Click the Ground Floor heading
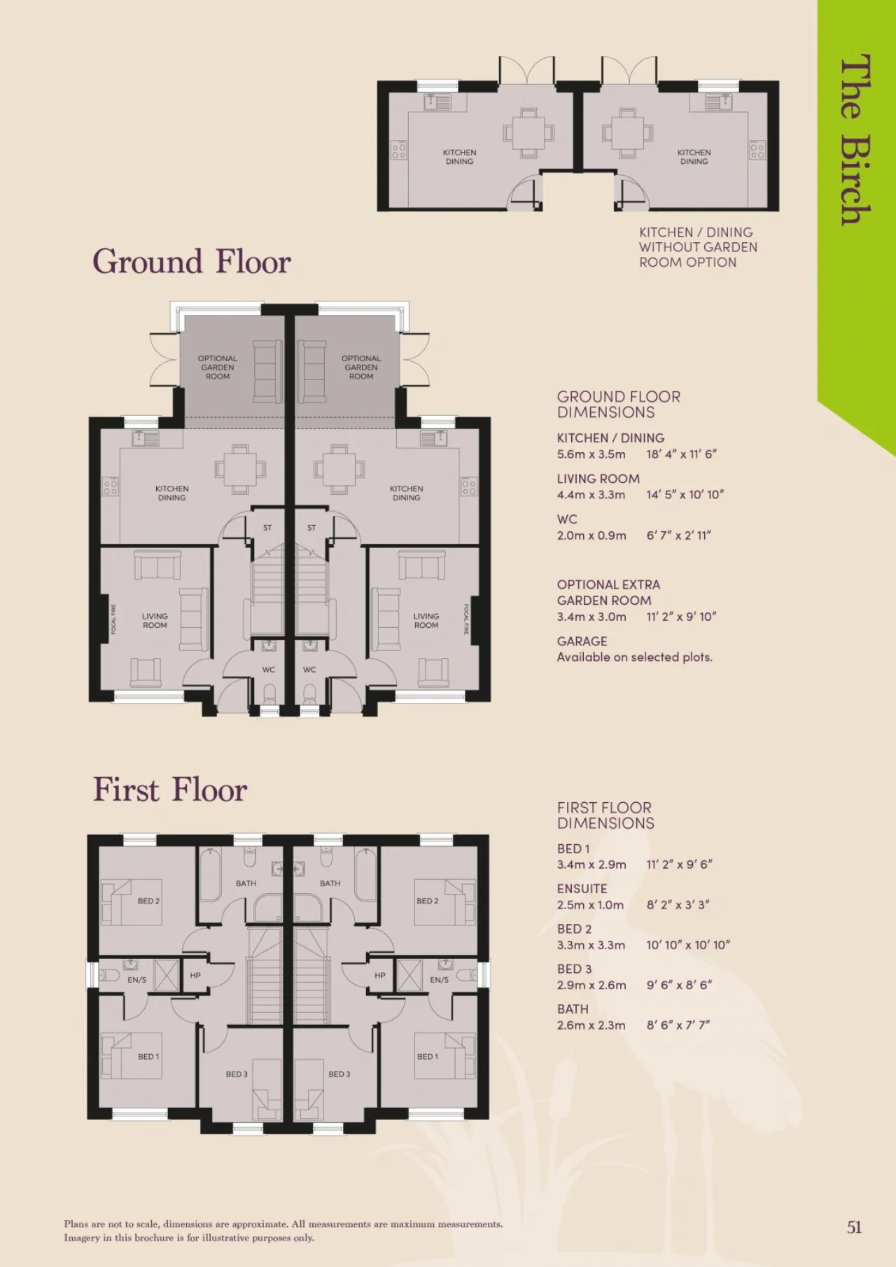pos(192,262)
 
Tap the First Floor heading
pos(170,790)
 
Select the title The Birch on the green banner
pos(855,139)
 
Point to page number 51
pos(854,1227)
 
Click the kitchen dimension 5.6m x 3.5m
pos(591,454)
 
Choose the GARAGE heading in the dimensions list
pos(582,641)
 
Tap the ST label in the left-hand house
pos(267,528)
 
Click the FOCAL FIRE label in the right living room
pos(465,619)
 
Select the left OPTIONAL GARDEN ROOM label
pos(218,367)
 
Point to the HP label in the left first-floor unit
pos(195,975)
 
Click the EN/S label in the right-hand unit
pos(440,980)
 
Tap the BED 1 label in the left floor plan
pos(148,1056)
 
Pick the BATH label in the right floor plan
pos(330,883)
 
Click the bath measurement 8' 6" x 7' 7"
pos(678,1025)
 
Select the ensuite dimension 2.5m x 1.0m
pos(591,905)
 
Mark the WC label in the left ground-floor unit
pos(269,670)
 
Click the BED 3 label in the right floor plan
pos(339,1074)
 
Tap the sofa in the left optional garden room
pos(267,372)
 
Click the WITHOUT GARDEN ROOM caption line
pos(698,247)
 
